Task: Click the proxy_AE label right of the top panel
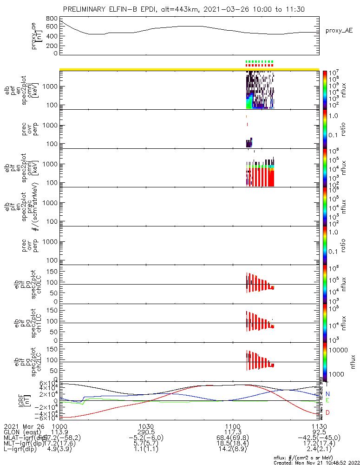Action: [340, 31]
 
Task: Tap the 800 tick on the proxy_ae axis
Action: [52, 18]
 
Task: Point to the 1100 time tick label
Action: [233, 425]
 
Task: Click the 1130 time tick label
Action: [319, 425]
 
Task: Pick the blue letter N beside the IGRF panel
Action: [327, 394]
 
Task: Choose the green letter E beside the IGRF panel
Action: [327, 400]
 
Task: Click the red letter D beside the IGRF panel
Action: [327, 412]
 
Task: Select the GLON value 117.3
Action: [233, 432]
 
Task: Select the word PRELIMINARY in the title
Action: [86, 9]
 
